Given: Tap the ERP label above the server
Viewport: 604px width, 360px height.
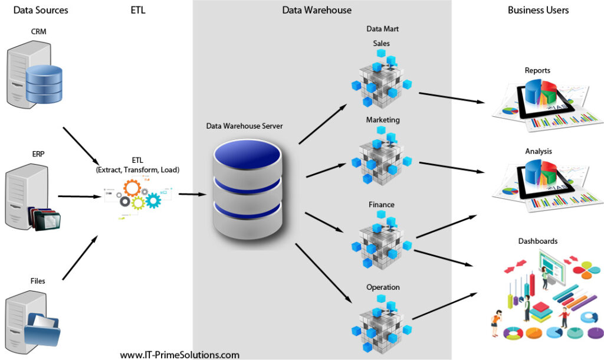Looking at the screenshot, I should click(x=38, y=154).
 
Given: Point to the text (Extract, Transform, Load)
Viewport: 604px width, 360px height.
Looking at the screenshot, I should click(x=137, y=169).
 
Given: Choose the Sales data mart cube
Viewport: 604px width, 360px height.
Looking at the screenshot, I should click(x=383, y=80).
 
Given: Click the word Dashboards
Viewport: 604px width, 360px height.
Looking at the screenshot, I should click(x=538, y=241).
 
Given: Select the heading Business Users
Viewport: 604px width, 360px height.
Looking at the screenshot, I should click(x=538, y=10).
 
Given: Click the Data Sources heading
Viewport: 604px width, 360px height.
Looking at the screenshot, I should click(x=41, y=10).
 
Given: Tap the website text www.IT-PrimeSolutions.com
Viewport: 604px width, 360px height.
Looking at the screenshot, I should click(x=179, y=355).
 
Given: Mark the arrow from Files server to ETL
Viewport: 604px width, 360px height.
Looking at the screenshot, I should click(x=80, y=258).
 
